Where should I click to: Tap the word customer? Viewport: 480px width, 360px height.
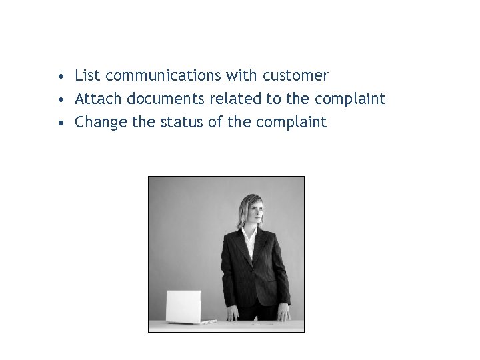pyautogui.click(x=297, y=76)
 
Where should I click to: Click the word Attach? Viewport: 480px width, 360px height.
pyautogui.click(x=99, y=99)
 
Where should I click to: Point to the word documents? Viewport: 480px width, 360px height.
pyautogui.click(x=165, y=99)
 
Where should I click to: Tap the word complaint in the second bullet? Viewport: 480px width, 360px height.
pyautogui.click(x=350, y=99)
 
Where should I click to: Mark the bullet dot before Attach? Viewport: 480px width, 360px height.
pyautogui.click(x=61, y=100)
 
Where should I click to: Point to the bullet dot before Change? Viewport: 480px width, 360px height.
pyautogui.click(x=61, y=123)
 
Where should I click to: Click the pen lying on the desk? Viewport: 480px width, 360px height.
pyautogui.click(x=264, y=324)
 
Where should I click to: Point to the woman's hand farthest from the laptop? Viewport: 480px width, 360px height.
pyautogui.click(x=283, y=313)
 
